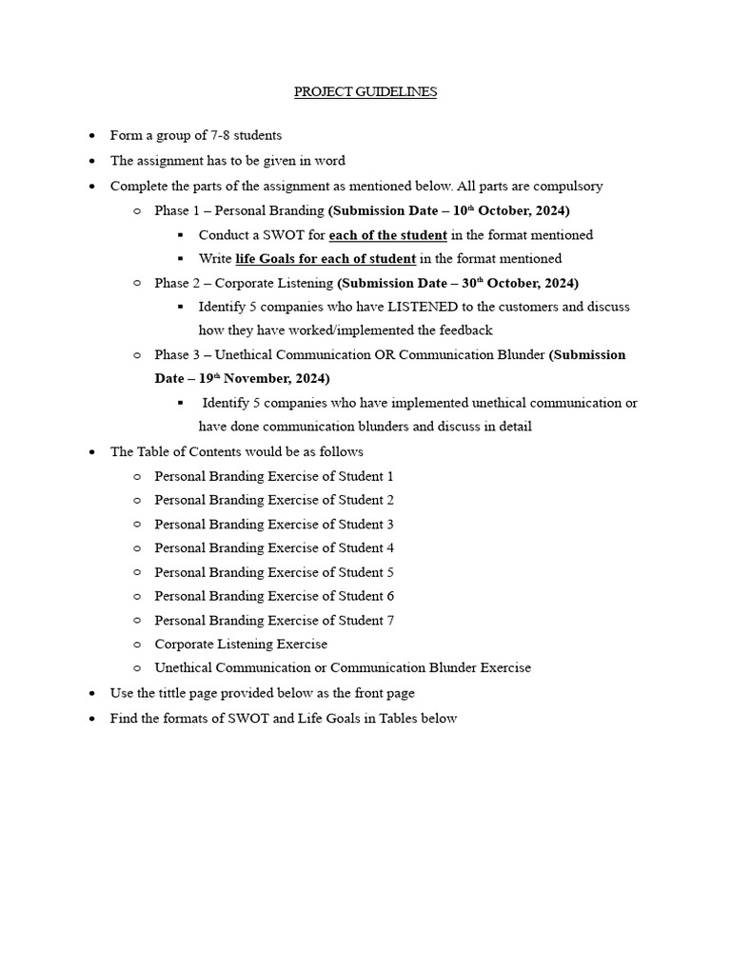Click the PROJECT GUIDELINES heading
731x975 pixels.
click(365, 92)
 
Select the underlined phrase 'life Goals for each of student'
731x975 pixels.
click(325, 258)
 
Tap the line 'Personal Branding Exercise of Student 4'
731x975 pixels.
click(274, 547)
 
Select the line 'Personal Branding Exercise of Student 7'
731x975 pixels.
click(274, 620)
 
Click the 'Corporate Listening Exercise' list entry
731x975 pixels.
click(241, 644)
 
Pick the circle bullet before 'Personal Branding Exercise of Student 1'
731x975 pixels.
click(137, 476)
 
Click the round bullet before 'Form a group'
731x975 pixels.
click(90, 136)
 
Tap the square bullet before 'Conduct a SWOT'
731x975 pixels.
click(181, 234)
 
